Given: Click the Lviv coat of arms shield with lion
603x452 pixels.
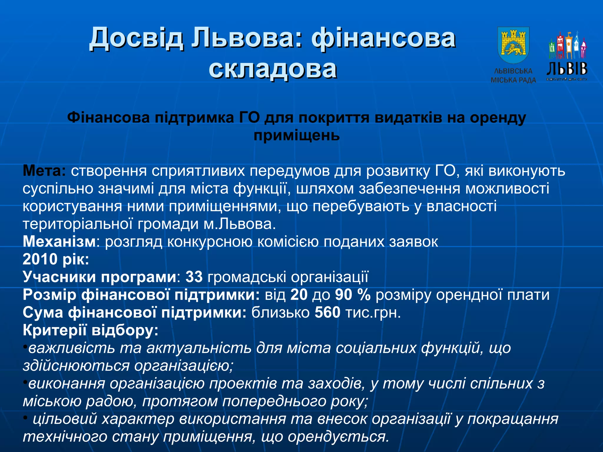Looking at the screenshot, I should tap(513, 45).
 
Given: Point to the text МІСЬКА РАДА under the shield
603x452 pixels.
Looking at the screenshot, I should tap(513, 80).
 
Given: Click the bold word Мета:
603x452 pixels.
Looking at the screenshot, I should tap(44, 171).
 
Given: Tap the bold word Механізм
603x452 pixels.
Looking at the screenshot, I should tap(59, 242).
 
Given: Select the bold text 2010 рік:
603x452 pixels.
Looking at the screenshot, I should tap(56, 260).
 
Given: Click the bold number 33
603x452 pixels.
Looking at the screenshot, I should tap(194, 277).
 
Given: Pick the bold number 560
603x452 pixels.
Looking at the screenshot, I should tap(327, 313).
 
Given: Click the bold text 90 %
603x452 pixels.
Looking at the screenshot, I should tap(353, 295).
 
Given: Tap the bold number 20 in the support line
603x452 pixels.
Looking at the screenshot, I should tap(299, 295).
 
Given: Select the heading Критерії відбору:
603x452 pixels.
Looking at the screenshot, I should tap(90, 330).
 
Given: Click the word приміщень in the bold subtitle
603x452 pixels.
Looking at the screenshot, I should tap(296, 135).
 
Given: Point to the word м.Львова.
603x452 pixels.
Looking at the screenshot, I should tap(239, 224).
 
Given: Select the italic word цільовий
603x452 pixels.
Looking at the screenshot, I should tap(65, 419).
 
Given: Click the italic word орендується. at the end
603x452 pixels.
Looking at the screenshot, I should tap(338, 437).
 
